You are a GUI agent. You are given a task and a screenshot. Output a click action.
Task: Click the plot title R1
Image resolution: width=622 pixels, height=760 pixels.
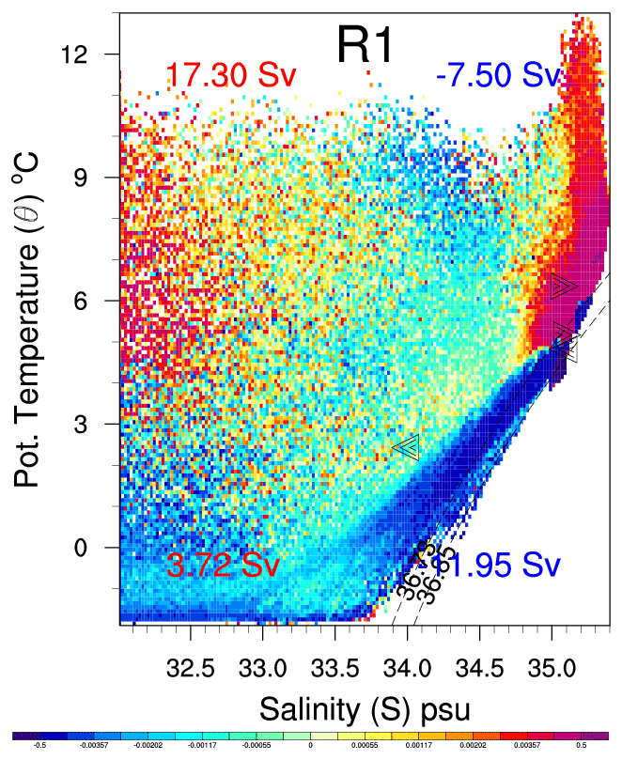[x=368, y=45]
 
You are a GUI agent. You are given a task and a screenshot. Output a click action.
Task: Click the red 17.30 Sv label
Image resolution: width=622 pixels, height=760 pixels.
[x=225, y=76]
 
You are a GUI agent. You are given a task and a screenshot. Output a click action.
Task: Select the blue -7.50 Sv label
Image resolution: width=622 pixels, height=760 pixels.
[x=498, y=76]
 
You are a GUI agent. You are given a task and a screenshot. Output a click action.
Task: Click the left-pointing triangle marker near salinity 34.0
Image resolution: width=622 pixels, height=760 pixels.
[x=406, y=446]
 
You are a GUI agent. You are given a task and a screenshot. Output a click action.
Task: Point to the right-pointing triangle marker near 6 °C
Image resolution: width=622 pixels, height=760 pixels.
[x=564, y=287]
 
